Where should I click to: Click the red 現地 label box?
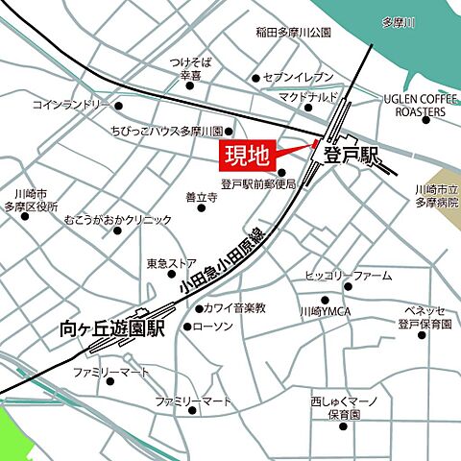(249, 153)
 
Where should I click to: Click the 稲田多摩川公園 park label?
(293, 32)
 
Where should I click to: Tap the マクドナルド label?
(309, 98)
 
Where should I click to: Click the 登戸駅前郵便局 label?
(257, 183)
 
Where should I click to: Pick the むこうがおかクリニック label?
(118, 220)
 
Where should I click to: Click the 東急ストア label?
(172, 262)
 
